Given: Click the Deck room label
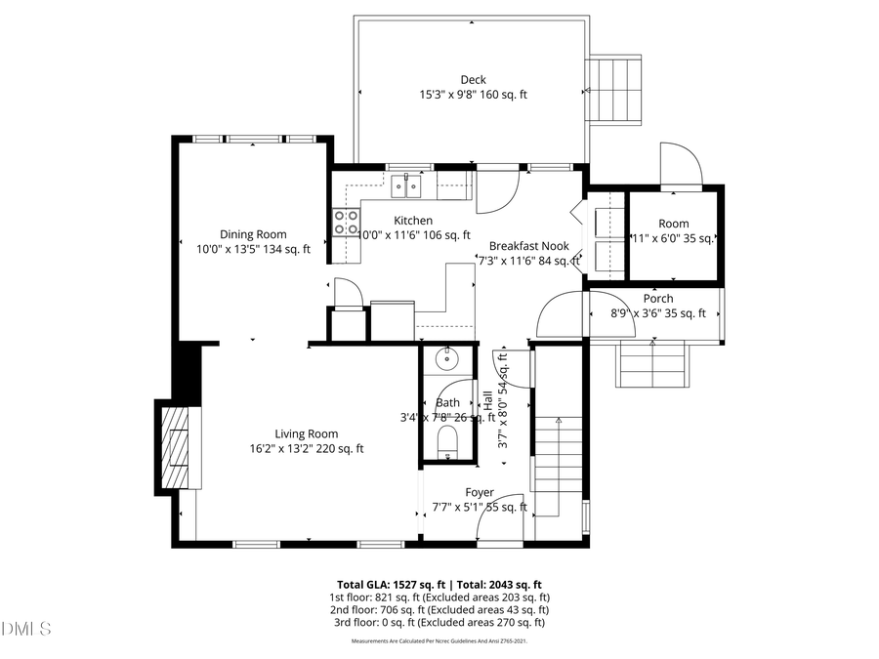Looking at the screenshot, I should point(473,80).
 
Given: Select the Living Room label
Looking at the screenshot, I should point(307,434).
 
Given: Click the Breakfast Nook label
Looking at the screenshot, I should point(528,246).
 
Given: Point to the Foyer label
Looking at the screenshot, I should point(479,492).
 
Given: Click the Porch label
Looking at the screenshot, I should point(657,299).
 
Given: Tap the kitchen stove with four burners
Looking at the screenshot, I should point(346,223).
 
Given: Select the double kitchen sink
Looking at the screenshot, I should point(406,184).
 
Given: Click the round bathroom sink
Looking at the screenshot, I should point(447,359).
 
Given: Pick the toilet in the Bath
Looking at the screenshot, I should point(447,440).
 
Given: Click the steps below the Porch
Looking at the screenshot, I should point(651,364).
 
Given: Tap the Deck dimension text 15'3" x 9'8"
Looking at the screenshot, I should point(473,95).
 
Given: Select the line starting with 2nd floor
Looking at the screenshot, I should point(439,609).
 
